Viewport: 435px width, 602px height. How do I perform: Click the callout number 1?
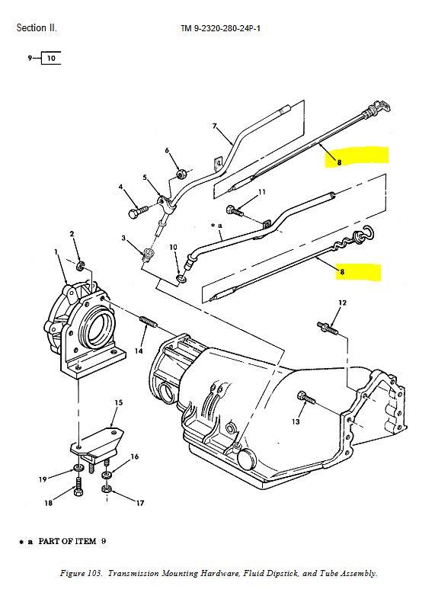click(56, 252)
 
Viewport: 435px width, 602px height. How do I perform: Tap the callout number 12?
click(342, 303)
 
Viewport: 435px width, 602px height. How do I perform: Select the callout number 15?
click(119, 402)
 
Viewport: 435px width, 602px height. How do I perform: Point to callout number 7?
click(215, 126)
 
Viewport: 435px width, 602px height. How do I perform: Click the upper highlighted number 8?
click(339, 162)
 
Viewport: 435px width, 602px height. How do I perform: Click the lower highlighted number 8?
click(342, 272)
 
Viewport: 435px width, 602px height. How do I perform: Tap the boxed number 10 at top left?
click(51, 59)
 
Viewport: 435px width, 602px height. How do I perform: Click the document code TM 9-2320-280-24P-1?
click(220, 28)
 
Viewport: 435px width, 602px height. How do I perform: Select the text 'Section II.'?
click(37, 28)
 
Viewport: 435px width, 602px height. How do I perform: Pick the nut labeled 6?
click(181, 174)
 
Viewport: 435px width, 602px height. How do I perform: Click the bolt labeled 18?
click(78, 487)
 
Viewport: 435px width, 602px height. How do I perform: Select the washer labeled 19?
click(78, 468)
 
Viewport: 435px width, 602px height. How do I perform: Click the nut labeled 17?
click(107, 488)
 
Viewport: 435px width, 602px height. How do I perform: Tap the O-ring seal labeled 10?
click(181, 278)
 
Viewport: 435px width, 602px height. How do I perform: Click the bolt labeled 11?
click(235, 210)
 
